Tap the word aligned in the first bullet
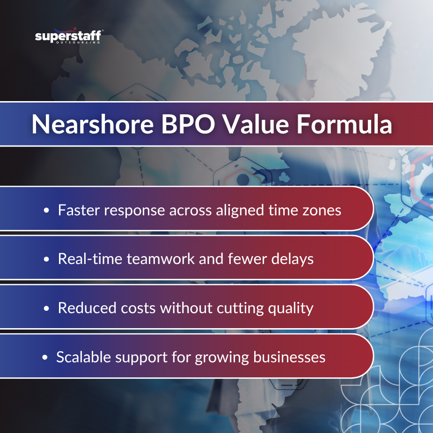pos(238,211)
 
